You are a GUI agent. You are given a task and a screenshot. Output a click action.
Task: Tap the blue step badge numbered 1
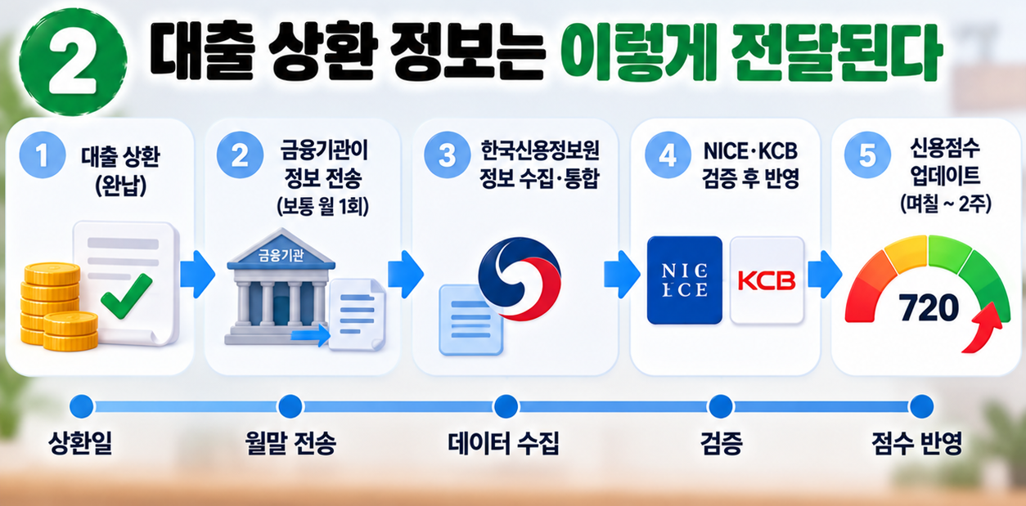(x=43, y=155)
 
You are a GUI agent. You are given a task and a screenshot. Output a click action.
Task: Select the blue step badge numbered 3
(x=447, y=155)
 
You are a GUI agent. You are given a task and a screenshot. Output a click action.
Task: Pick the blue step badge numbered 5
(x=867, y=155)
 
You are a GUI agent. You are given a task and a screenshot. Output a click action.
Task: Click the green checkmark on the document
(x=127, y=296)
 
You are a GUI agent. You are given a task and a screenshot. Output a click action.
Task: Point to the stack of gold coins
(x=58, y=307)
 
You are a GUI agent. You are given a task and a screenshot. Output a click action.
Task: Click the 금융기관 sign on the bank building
(x=281, y=255)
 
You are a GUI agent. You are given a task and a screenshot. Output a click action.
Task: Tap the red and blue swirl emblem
(x=520, y=278)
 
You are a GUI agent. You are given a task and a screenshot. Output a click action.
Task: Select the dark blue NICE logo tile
(x=684, y=280)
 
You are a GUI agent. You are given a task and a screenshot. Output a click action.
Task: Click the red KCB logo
(x=767, y=280)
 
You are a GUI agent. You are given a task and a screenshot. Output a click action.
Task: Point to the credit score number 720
(x=929, y=307)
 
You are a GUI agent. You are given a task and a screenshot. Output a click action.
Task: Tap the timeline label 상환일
(x=81, y=443)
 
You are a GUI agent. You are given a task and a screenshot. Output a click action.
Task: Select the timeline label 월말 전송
(x=290, y=443)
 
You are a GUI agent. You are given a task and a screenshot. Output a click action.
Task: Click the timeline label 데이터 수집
(x=503, y=443)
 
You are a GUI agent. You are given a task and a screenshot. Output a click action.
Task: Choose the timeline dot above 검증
(x=721, y=406)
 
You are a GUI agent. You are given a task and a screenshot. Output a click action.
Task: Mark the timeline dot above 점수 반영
(x=921, y=406)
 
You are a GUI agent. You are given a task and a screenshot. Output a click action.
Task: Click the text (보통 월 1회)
(x=323, y=207)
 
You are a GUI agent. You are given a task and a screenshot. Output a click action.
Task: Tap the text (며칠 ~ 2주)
(x=946, y=204)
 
